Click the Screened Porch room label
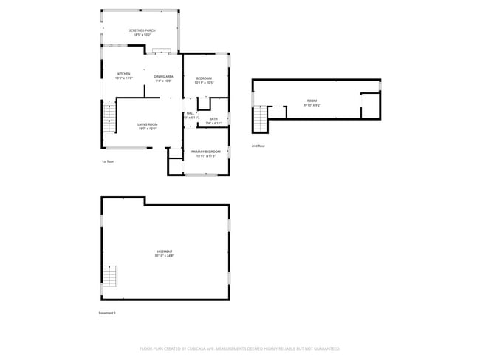[142, 30]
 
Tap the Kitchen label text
[124, 74]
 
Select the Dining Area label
[163, 76]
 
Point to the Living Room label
[148, 124]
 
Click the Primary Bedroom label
[206, 152]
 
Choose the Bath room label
[213, 118]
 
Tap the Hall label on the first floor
[190, 113]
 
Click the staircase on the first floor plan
[109, 118]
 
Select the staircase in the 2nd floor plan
[260, 118]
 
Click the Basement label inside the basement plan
[164, 252]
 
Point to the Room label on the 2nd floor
[312, 101]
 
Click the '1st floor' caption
[109, 161]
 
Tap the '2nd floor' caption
[258, 146]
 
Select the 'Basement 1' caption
[107, 313]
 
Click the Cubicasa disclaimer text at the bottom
[240, 348]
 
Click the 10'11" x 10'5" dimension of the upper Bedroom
[204, 83]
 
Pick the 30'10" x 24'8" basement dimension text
[164, 256]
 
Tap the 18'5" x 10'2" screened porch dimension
[142, 35]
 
